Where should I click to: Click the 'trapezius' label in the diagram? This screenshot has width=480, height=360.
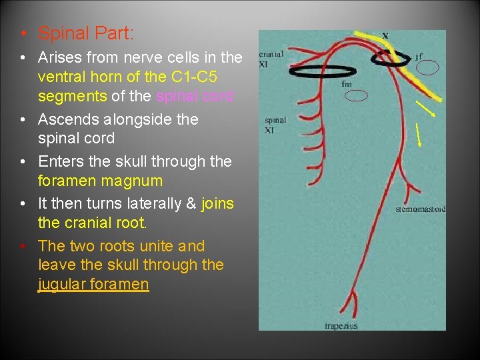pos(341,326)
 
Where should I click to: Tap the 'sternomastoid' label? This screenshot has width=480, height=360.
pos(420,209)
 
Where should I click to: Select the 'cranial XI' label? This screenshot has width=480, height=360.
pos(271,58)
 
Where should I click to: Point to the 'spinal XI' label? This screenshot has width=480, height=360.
pos(275,125)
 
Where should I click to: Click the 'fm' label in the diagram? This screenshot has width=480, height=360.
pos(347,85)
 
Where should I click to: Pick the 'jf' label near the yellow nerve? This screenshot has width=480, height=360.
pos(419,57)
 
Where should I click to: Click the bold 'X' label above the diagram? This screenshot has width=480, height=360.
pos(386,36)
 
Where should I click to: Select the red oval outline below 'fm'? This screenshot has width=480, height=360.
pos(359,95)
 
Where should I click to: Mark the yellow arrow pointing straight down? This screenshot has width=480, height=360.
pos(419,135)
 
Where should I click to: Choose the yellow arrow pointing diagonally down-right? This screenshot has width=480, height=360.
pos(425,108)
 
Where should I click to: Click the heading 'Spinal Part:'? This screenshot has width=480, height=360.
pos(86,33)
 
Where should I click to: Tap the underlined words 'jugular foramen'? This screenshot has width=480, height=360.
pos(93,285)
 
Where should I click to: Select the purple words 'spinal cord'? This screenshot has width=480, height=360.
pos(195,96)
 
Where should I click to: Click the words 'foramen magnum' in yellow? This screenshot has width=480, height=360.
pos(101,181)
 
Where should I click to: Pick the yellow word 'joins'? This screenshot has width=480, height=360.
pos(217,203)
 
